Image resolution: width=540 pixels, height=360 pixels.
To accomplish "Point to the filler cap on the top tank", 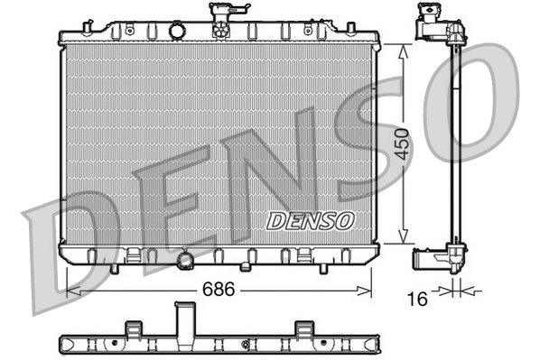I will pos(220,17).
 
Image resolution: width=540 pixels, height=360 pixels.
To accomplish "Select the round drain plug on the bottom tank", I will pos(187,261).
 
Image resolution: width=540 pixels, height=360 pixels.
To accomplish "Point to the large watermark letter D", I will pos(68,244).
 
